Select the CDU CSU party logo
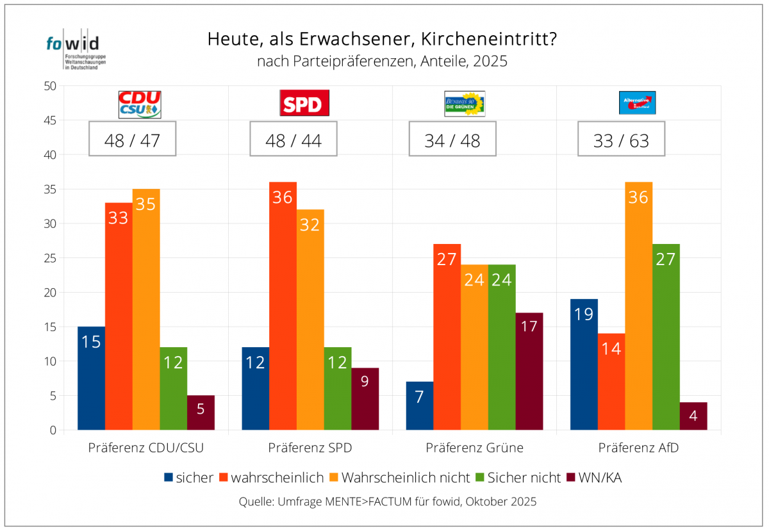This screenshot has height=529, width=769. tap(140, 104)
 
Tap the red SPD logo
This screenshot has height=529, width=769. tap(304, 103)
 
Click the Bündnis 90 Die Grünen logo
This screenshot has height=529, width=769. tap(465, 104)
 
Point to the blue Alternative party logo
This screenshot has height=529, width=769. tap(637, 102)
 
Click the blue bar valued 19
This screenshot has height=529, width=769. tap(584, 364)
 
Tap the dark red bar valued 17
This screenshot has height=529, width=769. tap(529, 371)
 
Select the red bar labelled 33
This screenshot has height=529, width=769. tap(119, 316)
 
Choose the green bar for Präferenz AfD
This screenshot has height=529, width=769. tap(666, 337)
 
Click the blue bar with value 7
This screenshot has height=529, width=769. tap(420, 406)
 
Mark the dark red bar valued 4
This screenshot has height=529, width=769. tap(693, 416)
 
